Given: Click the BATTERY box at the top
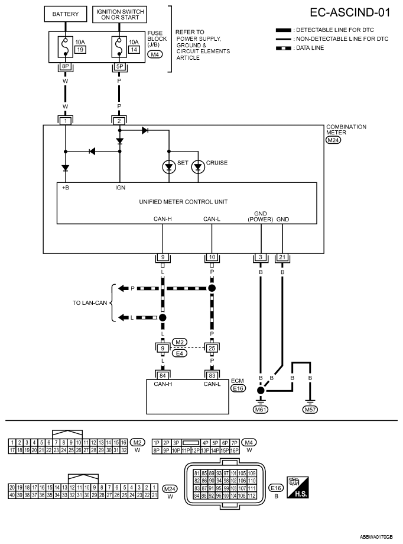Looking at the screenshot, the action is [66, 14].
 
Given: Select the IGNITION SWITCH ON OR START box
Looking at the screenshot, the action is [120, 14].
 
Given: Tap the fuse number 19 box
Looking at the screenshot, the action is [80, 50].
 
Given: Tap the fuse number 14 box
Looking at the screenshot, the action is [134, 50].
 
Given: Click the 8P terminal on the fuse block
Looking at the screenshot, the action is [66, 66].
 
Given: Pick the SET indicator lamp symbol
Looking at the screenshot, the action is [169, 167].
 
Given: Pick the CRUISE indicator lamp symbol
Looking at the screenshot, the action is [198, 167].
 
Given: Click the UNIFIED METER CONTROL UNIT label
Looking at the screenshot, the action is [183, 202].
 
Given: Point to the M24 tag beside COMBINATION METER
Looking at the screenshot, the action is [333, 140].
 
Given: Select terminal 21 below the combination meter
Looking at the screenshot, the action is [282, 257].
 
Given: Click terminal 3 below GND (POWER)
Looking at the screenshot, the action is [261, 257].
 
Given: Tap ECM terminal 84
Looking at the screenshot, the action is [162, 375].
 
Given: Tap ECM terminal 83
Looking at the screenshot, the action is [212, 375].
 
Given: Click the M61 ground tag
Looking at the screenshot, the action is [261, 410].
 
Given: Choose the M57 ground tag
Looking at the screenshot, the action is [310, 410].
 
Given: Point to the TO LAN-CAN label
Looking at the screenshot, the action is [90, 303].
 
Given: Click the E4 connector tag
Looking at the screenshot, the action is [180, 353].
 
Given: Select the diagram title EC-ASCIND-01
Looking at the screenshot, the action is [350, 13].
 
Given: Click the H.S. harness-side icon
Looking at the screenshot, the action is [298, 487].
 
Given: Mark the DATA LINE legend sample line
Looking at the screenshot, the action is [284, 48].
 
